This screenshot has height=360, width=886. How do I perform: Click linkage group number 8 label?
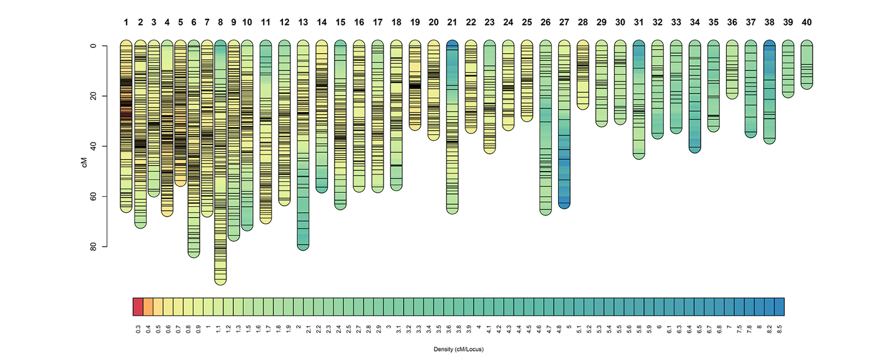click(220, 23)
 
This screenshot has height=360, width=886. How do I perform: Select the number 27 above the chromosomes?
click(564, 23)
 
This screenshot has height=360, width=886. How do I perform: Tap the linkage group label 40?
click(807, 23)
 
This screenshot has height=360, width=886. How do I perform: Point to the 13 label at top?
click(303, 23)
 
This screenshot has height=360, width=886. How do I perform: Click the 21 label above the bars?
click(452, 23)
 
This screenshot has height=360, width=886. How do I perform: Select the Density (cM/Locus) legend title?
click(459, 349)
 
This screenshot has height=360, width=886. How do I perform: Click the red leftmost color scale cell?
click(138, 306)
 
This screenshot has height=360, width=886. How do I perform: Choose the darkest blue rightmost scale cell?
click(779, 306)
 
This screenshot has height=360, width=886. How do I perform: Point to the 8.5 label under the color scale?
click(779, 329)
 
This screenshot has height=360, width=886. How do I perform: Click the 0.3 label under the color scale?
click(138, 329)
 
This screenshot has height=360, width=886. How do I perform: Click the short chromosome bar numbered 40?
click(807, 64)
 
